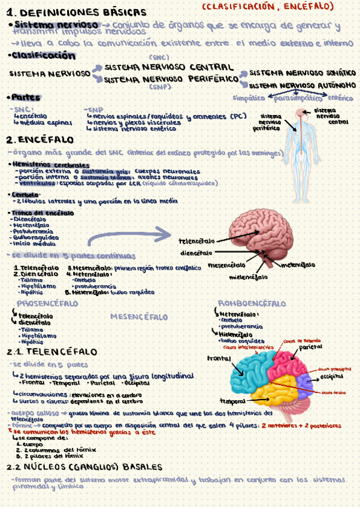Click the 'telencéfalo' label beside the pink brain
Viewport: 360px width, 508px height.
tap(197, 241)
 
